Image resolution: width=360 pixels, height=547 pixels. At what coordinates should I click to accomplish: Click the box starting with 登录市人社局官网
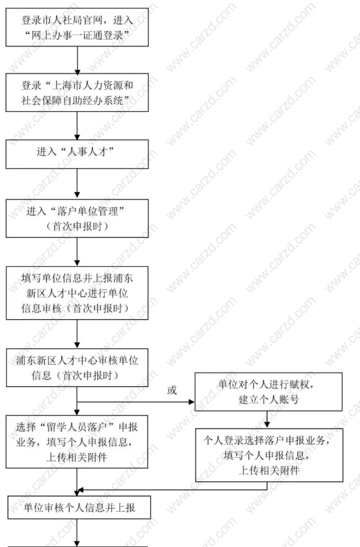[x=77, y=27]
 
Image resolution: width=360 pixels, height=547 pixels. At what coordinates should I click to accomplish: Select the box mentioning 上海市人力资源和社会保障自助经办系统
[x=77, y=92]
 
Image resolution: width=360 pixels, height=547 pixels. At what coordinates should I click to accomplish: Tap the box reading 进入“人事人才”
[x=77, y=154]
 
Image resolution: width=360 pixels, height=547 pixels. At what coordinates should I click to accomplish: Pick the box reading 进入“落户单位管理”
[x=77, y=218]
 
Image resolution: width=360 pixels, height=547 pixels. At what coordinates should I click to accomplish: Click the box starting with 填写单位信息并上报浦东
[x=77, y=293]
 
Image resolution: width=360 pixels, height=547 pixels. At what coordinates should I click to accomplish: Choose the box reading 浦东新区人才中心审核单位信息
[x=77, y=368]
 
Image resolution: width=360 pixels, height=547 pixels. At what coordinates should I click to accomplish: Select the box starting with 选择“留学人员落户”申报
[x=77, y=442]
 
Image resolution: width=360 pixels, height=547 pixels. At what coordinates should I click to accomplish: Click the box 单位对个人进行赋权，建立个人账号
[x=269, y=392]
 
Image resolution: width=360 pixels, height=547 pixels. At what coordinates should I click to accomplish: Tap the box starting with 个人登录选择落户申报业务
[x=269, y=455]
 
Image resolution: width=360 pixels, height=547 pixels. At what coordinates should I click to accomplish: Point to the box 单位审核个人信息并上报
[x=79, y=507]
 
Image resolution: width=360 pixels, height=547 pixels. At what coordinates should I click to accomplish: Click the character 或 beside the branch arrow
[x=172, y=390]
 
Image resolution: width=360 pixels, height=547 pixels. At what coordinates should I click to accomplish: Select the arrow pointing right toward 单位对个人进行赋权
[x=136, y=402]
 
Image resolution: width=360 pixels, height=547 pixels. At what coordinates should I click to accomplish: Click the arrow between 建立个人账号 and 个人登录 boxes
[x=267, y=419]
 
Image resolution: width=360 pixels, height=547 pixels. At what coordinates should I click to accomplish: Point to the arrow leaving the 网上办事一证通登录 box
[x=77, y=60]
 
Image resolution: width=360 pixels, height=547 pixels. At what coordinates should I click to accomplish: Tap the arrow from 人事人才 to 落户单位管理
[x=77, y=184]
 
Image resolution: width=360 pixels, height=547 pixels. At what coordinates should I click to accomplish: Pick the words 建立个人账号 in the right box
[x=269, y=399]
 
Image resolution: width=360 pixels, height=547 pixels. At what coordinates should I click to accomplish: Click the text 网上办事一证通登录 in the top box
[x=77, y=35]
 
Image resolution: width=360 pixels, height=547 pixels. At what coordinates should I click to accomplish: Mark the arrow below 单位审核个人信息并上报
[x=77, y=532]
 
